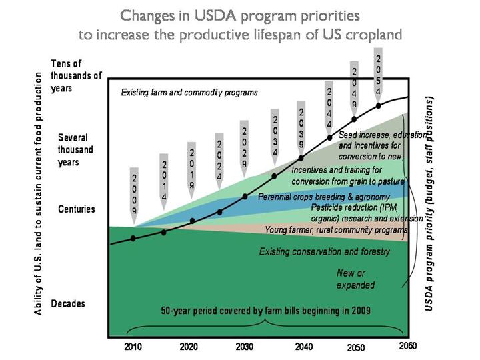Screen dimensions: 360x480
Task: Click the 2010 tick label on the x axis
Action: pyautogui.click(x=133, y=347)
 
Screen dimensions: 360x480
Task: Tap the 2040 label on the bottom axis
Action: pyautogui.click(x=303, y=347)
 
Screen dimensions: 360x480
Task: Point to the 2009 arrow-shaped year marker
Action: pyautogui.click(x=134, y=194)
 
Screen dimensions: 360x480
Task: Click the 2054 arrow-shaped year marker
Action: pyautogui.click(x=379, y=75)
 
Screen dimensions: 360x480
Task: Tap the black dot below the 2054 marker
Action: pyautogui.click(x=379, y=105)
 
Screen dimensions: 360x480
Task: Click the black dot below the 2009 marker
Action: pyautogui.click(x=134, y=238)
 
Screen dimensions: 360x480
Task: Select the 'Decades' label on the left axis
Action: pyautogui.click(x=69, y=303)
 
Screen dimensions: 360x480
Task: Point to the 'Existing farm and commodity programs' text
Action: pyautogui.click(x=189, y=92)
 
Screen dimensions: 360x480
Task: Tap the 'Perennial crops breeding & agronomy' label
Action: pyautogui.click(x=323, y=197)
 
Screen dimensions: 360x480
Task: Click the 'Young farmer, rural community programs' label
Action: pyautogui.click(x=335, y=229)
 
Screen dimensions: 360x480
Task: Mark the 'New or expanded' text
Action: pyautogui.click(x=356, y=279)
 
